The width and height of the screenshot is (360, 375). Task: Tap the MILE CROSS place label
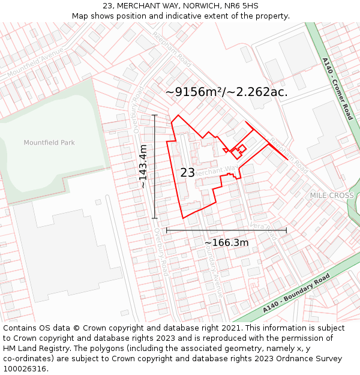(332, 196)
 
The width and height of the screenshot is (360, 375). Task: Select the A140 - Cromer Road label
(337, 89)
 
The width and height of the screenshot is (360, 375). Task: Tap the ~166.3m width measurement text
(226, 242)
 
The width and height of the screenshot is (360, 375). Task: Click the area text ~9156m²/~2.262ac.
(226, 92)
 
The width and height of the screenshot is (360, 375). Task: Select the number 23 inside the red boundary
(188, 173)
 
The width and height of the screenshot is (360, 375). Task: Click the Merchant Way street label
(217, 171)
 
